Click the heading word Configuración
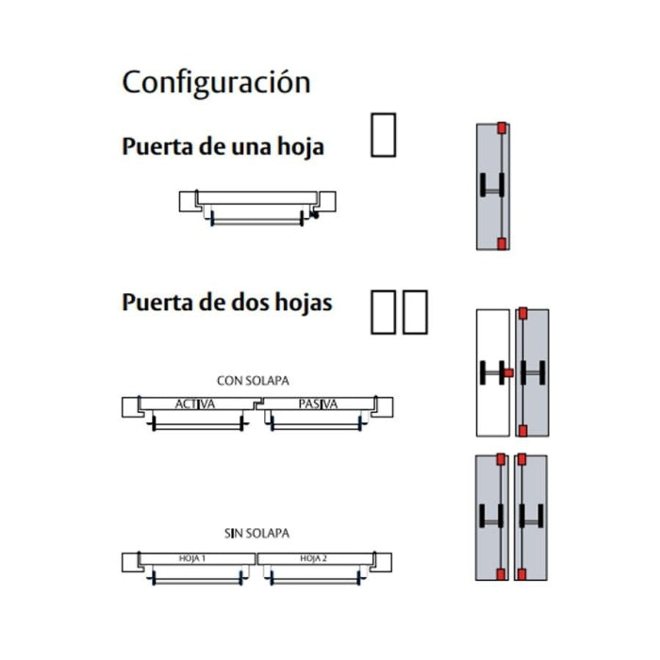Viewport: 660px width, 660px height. tap(216, 83)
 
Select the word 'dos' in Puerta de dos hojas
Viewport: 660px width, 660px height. tap(251, 303)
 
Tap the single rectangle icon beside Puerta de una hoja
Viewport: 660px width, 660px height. tap(383, 135)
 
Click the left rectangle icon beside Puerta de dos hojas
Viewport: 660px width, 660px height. tap(383, 312)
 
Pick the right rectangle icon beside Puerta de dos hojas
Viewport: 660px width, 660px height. tap(415, 312)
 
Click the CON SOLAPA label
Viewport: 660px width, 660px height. tap(253, 381)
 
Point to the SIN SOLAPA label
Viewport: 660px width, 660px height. tap(256, 534)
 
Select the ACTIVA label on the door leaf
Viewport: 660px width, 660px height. tap(195, 404)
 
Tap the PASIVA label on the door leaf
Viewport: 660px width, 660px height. tap(318, 404)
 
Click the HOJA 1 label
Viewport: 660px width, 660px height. tap(192, 558)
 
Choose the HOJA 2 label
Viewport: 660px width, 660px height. tap(313, 558)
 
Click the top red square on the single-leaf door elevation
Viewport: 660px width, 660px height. tap(502, 128)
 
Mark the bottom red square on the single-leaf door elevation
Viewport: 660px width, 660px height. tap(502, 243)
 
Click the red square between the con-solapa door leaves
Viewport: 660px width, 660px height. tap(509, 372)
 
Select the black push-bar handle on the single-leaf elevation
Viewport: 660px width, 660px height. tap(491, 185)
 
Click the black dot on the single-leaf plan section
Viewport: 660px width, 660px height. tap(315, 215)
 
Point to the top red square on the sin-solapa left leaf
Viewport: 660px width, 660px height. tap(501, 459)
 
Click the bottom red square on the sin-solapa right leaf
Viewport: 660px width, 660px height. tap(521, 574)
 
